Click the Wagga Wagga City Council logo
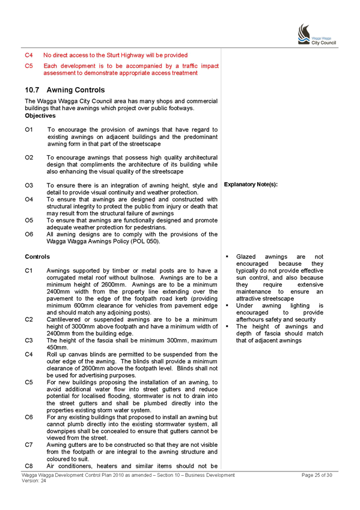[317, 34]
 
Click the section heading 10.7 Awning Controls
[65, 90]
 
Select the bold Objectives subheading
[40, 116]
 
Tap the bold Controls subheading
[37, 257]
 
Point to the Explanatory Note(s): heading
[251, 185]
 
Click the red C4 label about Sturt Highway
[29, 55]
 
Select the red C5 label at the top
[29, 66]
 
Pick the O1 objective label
[29, 130]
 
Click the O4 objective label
[29, 200]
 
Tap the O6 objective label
[29, 234]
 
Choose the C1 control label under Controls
[29, 271]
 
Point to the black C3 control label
[29, 340]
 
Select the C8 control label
[29, 466]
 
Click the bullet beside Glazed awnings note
[227, 257]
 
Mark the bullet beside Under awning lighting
[227, 306]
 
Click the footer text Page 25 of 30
[317, 475]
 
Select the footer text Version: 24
[34, 481]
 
